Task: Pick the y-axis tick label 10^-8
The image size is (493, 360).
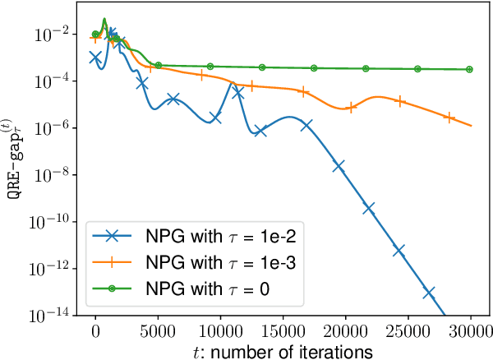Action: coord(62,174)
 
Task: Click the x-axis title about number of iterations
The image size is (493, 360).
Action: coord(283,349)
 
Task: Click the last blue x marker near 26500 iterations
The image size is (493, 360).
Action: coord(429,293)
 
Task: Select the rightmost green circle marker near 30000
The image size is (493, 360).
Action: coord(470,70)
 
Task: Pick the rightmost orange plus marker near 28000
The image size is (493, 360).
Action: coord(449,118)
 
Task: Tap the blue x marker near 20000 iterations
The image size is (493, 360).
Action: coord(339,166)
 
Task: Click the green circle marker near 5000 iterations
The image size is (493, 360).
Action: coord(158,64)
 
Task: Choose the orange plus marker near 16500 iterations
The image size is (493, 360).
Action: coord(304,92)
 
